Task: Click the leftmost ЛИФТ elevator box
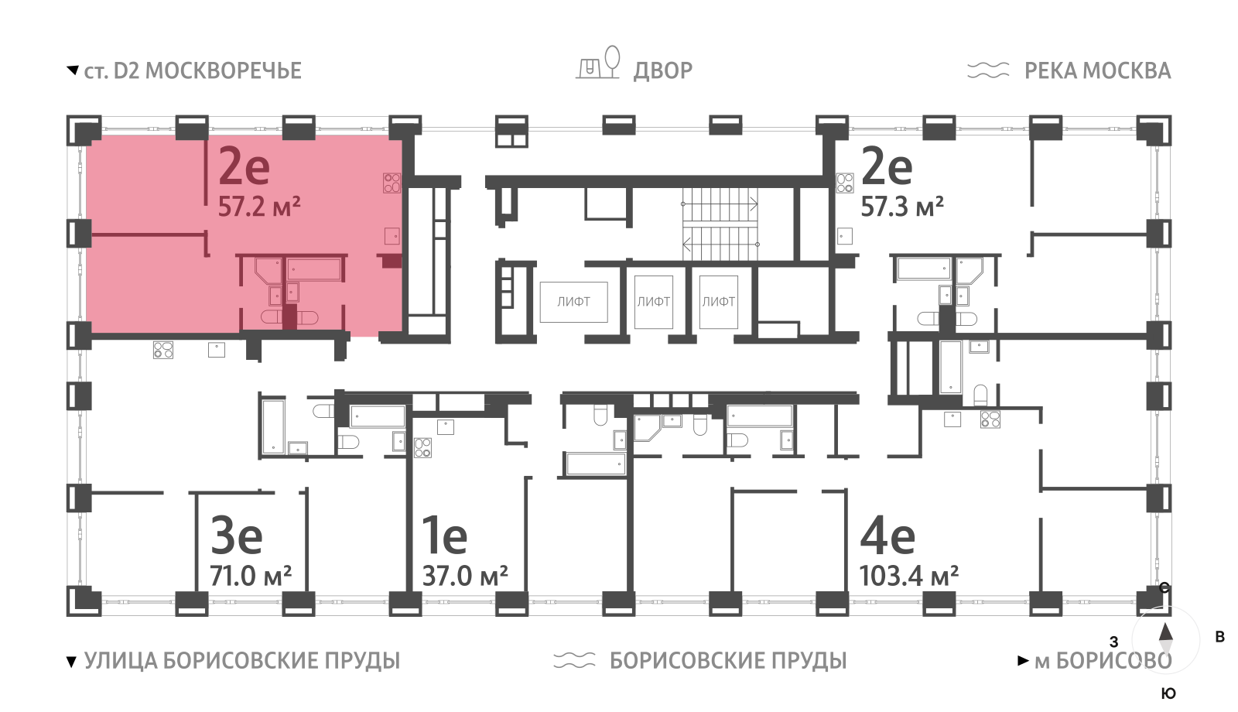pyautogui.click(x=573, y=302)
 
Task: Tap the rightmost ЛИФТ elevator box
pyautogui.click(x=718, y=302)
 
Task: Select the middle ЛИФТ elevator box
pyautogui.click(x=653, y=302)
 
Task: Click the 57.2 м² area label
pyautogui.click(x=258, y=207)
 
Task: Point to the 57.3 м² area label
pyautogui.click(x=901, y=207)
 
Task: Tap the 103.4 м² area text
pyautogui.click(x=908, y=576)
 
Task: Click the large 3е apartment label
pyautogui.click(x=237, y=535)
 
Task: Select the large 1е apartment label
pyautogui.click(x=444, y=535)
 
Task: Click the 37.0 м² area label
pyautogui.click(x=464, y=576)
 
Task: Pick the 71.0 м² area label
pyautogui.click(x=251, y=576)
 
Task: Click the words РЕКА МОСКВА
pyautogui.click(x=1097, y=70)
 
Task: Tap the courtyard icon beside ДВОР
pyautogui.click(x=599, y=63)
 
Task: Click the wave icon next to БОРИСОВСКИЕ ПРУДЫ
pyautogui.click(x=574, y=660)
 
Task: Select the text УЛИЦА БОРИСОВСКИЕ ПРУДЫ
pyautogui.click(x=241, y=660)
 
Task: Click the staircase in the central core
pyautogui.click(x=720, y=224)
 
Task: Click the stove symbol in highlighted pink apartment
pyautogui.click(x=392, y=183)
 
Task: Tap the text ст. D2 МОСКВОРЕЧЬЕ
pyautogui.click(x=192, y=70)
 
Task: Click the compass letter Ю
pyautogui.click(x=1168, y=693)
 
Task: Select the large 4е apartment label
pyautogui.click(x=887, y=535)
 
